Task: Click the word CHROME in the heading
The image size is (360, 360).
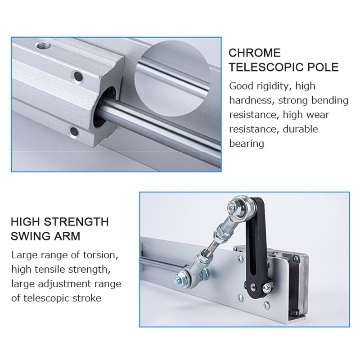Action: coord(255,53)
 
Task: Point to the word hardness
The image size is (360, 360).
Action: coord(251,100)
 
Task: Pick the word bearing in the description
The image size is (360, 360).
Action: coord(247,144)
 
